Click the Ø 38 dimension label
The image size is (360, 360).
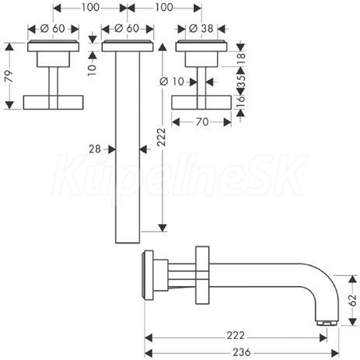[201, 29]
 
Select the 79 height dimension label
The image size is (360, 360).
[9, 76]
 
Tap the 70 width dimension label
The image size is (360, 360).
[202, 122]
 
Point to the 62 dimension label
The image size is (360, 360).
[353, 300]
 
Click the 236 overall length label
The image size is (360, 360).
[242, 352]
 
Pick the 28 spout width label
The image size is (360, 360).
[95, 149]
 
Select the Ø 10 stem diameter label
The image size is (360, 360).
[172, 82]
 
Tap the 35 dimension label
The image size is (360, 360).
[240, 81]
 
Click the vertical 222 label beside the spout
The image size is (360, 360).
[161, 137]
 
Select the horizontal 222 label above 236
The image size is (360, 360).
[236, 336]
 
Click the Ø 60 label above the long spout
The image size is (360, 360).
[127, 29]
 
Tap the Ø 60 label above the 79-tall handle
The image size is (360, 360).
[53, 29]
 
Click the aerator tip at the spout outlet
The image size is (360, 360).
[327, 323]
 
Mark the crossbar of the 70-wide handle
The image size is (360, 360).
[201, 103]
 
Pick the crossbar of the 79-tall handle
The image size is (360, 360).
[53, 103]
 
